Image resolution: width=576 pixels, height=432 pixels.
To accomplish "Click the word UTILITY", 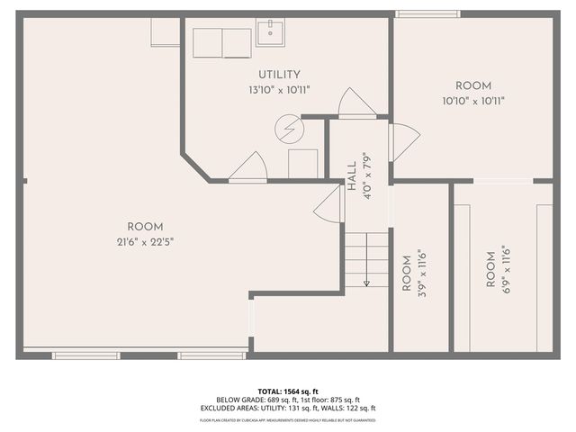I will (279, 75).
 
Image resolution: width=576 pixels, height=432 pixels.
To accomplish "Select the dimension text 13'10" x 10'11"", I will (279, 90).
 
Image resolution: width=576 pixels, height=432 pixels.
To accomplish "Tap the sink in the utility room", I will (270, 33).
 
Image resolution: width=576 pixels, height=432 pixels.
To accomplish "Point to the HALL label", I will (352, 171).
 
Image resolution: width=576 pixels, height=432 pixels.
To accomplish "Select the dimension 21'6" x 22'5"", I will (144, 241).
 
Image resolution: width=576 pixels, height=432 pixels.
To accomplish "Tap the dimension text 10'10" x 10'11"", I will (473, 101).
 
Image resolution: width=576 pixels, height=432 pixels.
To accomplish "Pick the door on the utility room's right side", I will (357, 103).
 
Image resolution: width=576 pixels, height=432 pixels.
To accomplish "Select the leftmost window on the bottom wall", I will (85, 355).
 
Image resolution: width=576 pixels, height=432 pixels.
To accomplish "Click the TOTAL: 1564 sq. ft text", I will (288, 391).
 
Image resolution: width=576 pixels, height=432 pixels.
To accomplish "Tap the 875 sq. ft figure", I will (344, 400).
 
